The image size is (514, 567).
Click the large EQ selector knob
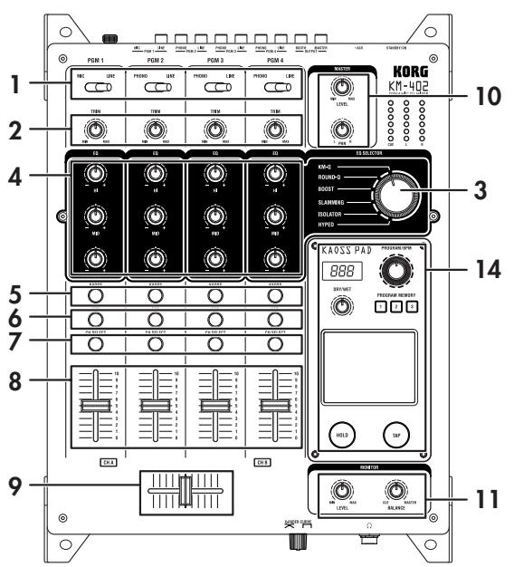coord(395,193)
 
